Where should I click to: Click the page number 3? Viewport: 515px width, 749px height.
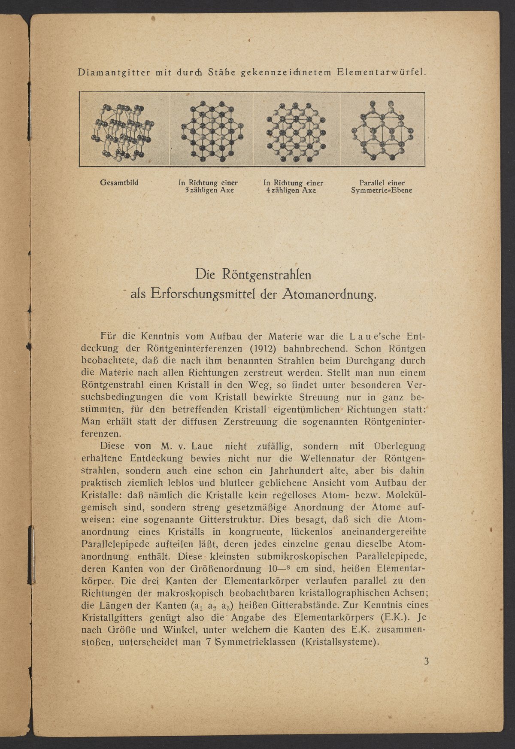point(426,661)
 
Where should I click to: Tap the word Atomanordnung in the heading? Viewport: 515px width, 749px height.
point(330,294)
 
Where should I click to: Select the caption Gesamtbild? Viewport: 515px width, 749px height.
point(119,182)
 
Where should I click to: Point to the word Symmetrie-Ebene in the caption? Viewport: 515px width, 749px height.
point(382,190)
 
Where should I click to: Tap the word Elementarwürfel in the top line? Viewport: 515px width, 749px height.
point(382,72)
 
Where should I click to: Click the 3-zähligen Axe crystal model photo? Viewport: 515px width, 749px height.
point(211,130)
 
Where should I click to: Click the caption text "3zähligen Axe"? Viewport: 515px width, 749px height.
point(209,190)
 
